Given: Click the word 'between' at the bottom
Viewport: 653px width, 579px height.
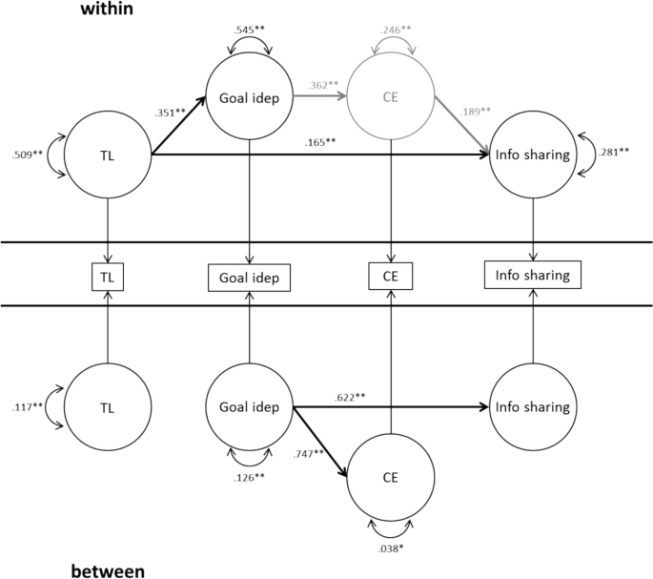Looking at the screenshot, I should (x=108, y=571).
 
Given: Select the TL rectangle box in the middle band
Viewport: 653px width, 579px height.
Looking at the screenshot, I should (x=107, y=276).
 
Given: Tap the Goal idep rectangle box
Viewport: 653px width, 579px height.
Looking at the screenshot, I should (x=250, y=277).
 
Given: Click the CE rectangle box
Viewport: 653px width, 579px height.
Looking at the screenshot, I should (x=390, y=276).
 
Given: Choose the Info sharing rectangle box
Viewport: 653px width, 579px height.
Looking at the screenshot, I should (x=532, y=276).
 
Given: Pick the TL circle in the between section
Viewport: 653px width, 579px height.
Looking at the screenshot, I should (x=107, y=406).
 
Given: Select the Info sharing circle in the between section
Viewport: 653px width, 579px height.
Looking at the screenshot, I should (x=532, y=406).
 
